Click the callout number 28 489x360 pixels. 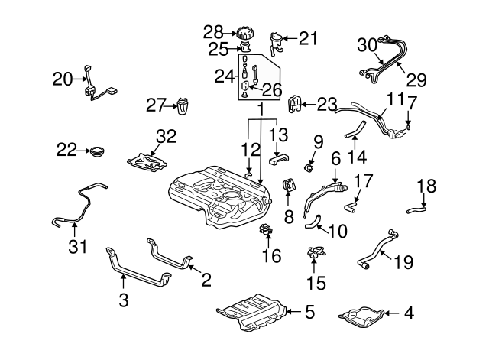[x=213, y=32]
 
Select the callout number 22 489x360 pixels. [x=66, y=150]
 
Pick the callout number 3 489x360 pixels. [x=123, y=302]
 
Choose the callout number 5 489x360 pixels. [x=309, y=311]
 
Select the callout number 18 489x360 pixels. [x=427, y=186]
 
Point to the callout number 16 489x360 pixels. [x=271, y=255]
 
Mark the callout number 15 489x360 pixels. [x=316, y=283]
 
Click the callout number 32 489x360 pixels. [x=166, y=137]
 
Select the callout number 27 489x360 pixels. [x=156, y=104]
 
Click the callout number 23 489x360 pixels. [x=326, y=103]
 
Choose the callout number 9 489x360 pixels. [x=318, y=141]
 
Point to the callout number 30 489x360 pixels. [x=368, y=46]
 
